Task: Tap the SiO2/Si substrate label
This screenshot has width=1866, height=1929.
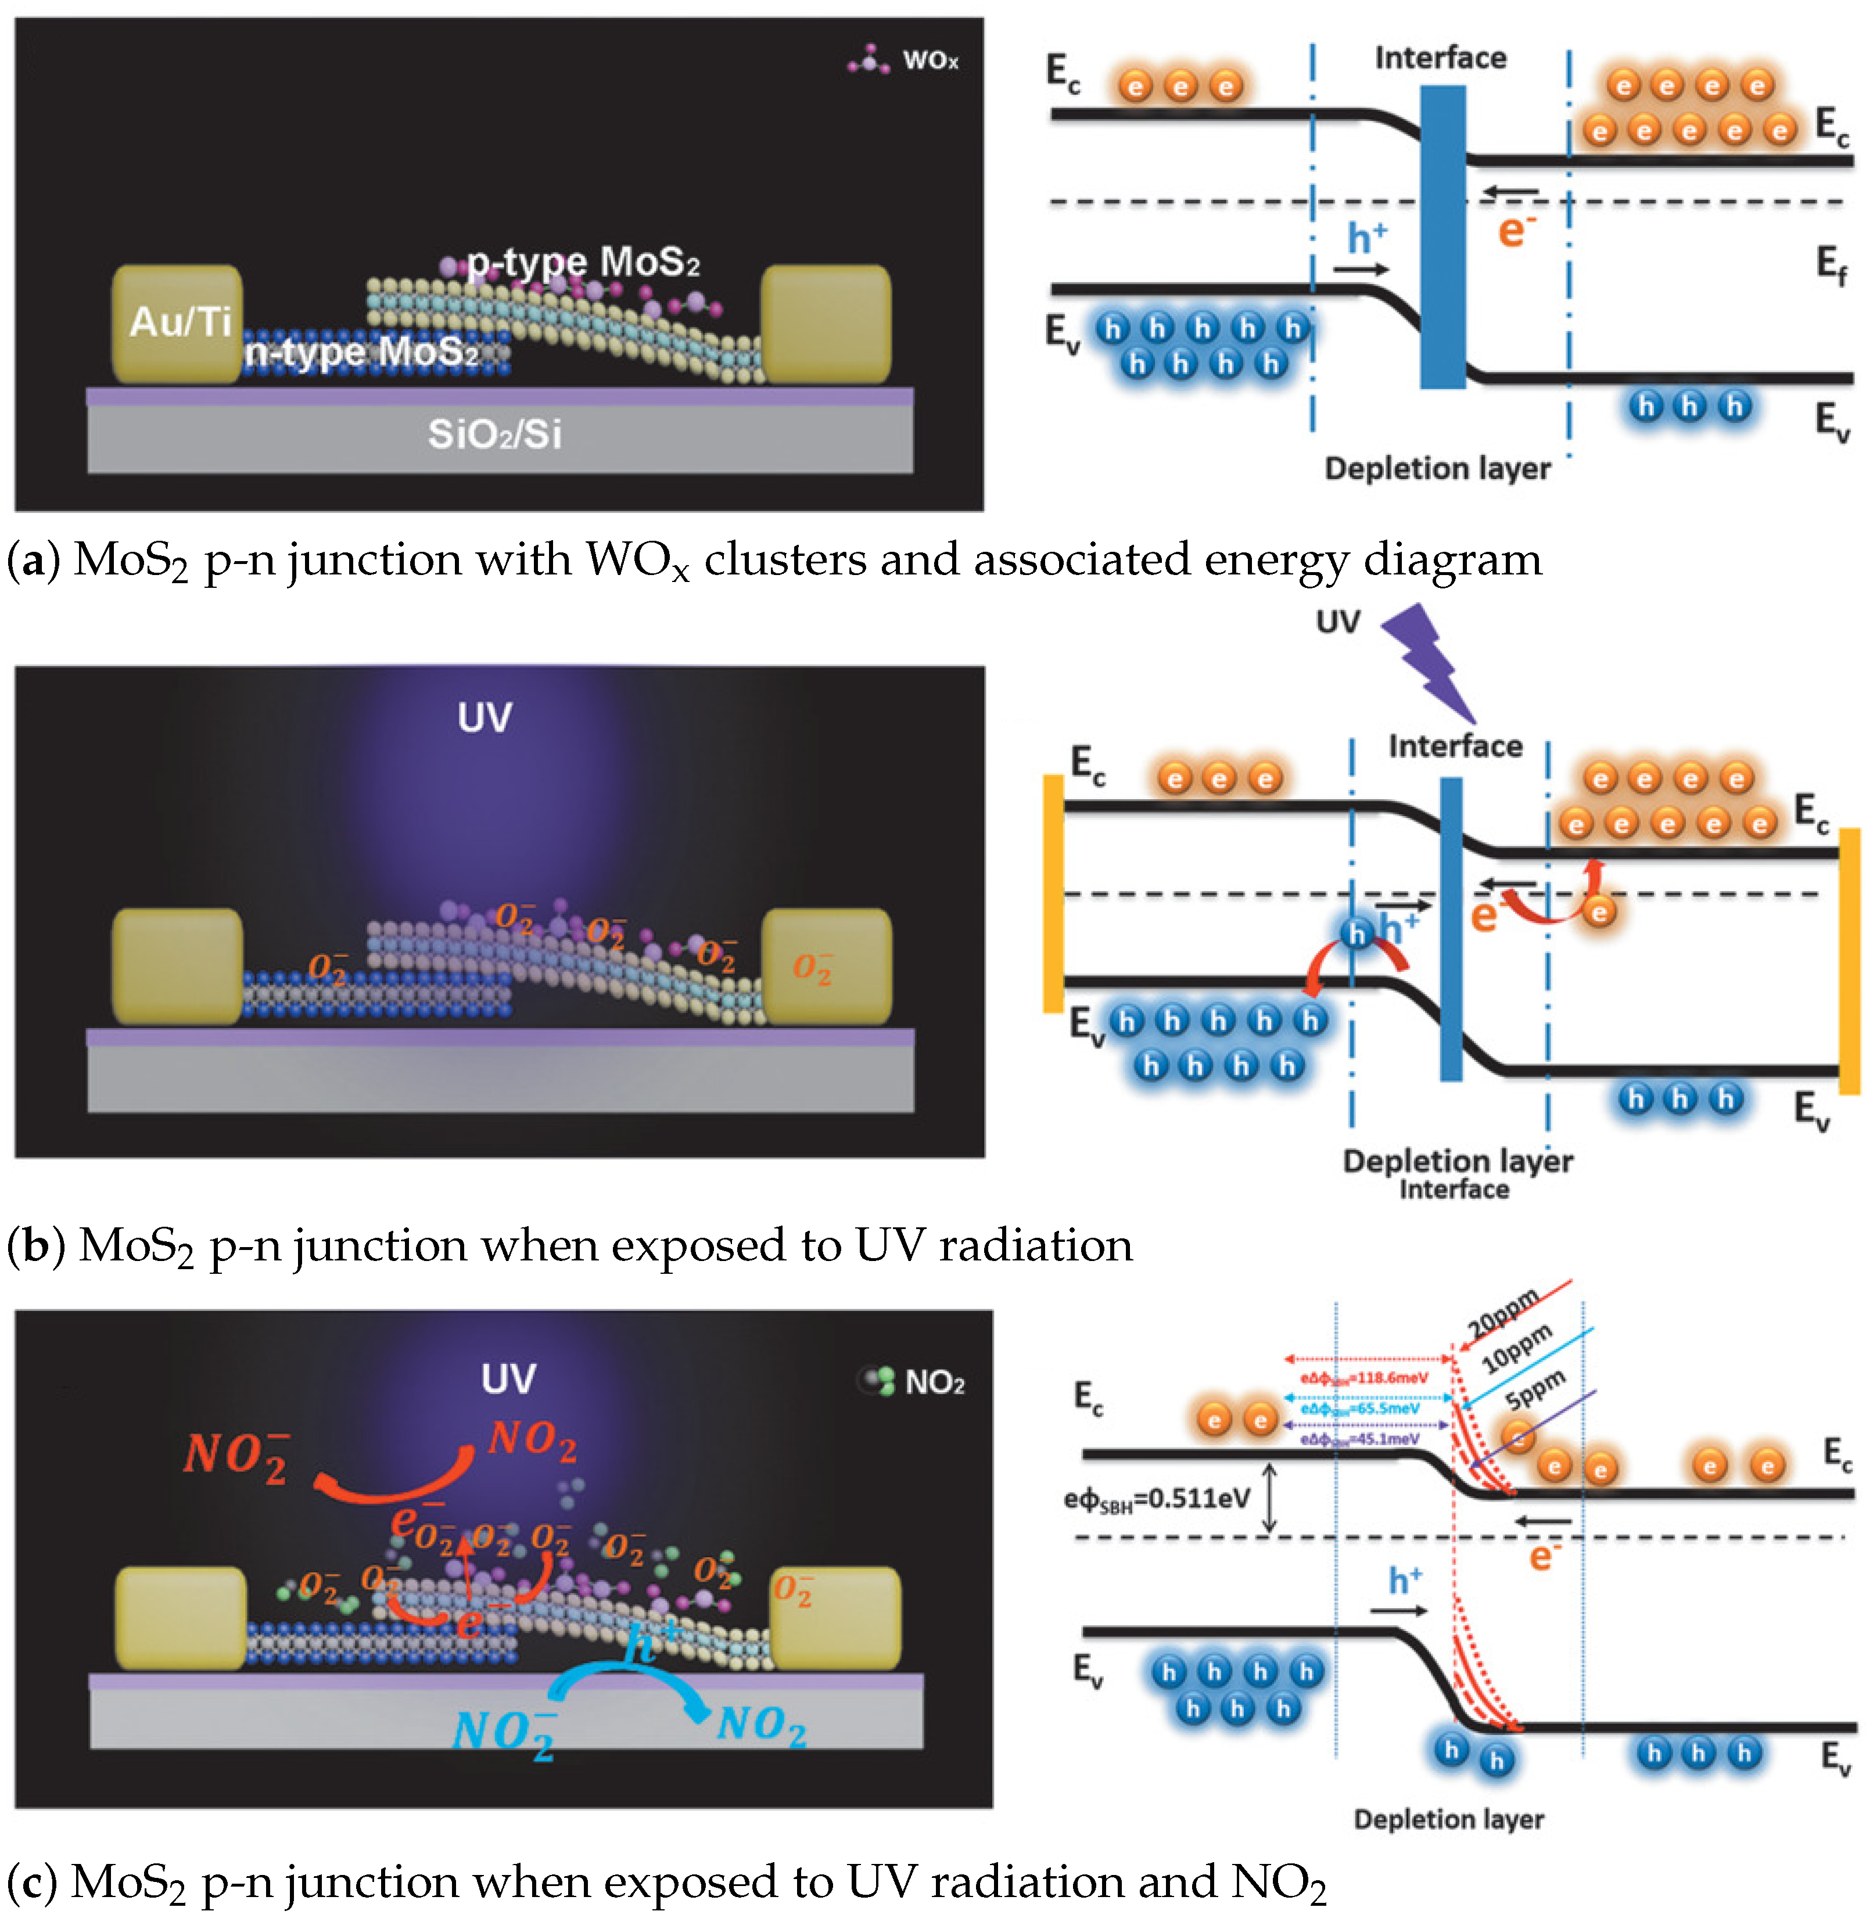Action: click(494, 434)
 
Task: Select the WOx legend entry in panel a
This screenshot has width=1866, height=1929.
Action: click(928, 61)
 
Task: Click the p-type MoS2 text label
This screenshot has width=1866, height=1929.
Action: click(583, 263)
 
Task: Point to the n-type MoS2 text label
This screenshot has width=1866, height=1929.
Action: click(361, 351)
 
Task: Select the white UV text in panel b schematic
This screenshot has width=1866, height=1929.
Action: click(484, 717)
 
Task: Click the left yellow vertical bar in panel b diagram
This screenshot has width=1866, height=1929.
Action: click(1052, 893)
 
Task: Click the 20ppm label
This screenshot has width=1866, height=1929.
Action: click(1503, 1314)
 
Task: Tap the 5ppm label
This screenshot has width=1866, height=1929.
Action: click(1535, 1389)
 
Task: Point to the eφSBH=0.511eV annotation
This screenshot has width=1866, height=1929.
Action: click(1157, 1499)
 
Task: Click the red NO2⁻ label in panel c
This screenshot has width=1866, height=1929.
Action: click(236, 1454)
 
